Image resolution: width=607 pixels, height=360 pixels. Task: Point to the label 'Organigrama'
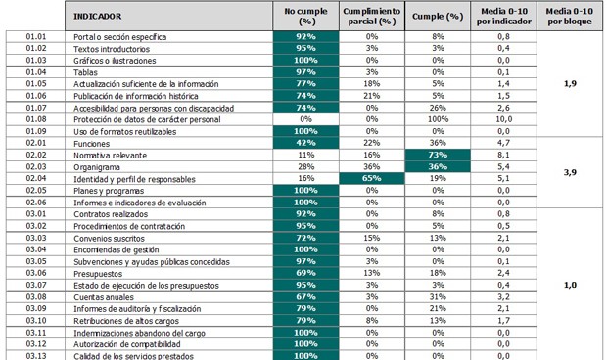(98, 166)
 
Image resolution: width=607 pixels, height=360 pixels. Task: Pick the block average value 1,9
(570, 84)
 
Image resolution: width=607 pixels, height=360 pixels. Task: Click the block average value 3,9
(570, 172)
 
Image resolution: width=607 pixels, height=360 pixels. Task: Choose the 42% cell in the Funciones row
(304, 143)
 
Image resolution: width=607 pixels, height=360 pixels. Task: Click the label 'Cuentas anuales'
(106, 296)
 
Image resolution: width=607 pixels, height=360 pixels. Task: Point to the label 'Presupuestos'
(101, 273)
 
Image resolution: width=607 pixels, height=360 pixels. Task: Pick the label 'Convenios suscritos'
(111, 238)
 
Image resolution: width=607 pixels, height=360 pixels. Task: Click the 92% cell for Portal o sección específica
(304, 36)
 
